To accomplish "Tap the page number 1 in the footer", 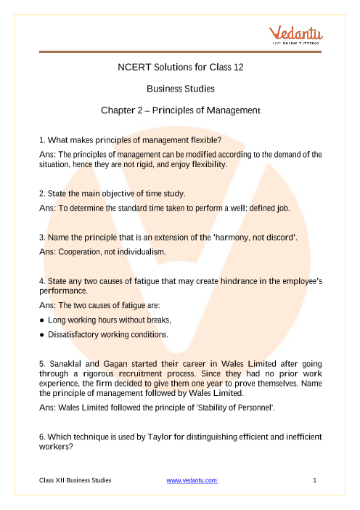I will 317,480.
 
